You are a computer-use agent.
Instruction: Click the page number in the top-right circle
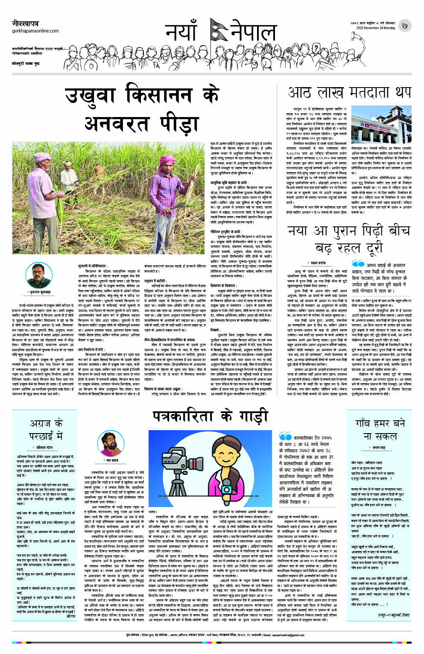tap(404, 26)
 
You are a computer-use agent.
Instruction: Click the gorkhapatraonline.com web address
tap(36, 31)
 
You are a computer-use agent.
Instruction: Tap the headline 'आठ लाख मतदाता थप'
tap(349, 92)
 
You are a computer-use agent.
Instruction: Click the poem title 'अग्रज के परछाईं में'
tap(47, 429)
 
